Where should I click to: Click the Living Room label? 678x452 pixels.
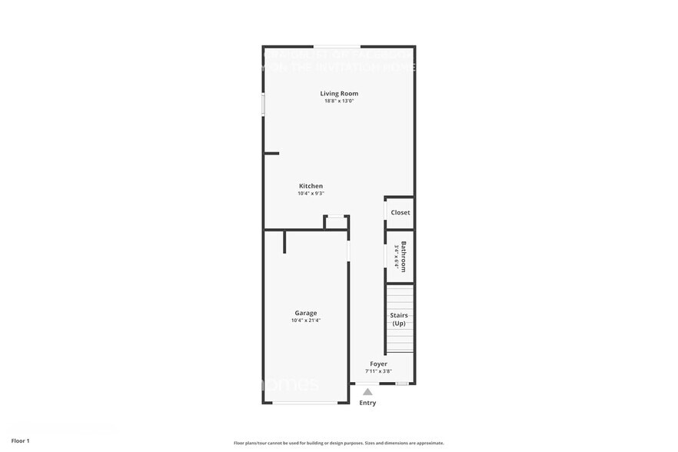pos(339,94)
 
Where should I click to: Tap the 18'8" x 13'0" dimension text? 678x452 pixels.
pos(339,101)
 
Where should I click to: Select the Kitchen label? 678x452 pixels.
pos(311,186)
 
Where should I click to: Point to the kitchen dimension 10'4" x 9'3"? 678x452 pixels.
pos(311,194)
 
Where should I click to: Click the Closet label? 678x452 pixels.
pos(400,212)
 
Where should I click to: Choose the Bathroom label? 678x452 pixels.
pos(404,256)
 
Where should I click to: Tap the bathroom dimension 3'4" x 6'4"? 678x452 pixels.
pos(397,256)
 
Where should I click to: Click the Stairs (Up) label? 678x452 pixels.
pos(399,319)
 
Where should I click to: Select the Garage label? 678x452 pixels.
pos(305,313)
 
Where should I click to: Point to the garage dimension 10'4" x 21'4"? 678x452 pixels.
pos(305,321)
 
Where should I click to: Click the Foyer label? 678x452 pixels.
pos(378,364)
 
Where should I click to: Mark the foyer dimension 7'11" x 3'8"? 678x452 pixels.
pos(378,371)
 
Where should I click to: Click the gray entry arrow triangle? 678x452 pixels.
pos(367,392)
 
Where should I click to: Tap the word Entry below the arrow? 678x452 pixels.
pos(367,403)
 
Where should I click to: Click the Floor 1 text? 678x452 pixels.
pos(20,440)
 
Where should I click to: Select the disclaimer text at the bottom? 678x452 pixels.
pos(338,443)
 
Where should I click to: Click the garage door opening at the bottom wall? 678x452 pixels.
pos(305,403)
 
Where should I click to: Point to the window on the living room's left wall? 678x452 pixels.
pos(264,105)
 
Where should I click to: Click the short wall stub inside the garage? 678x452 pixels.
pos(284,241)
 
